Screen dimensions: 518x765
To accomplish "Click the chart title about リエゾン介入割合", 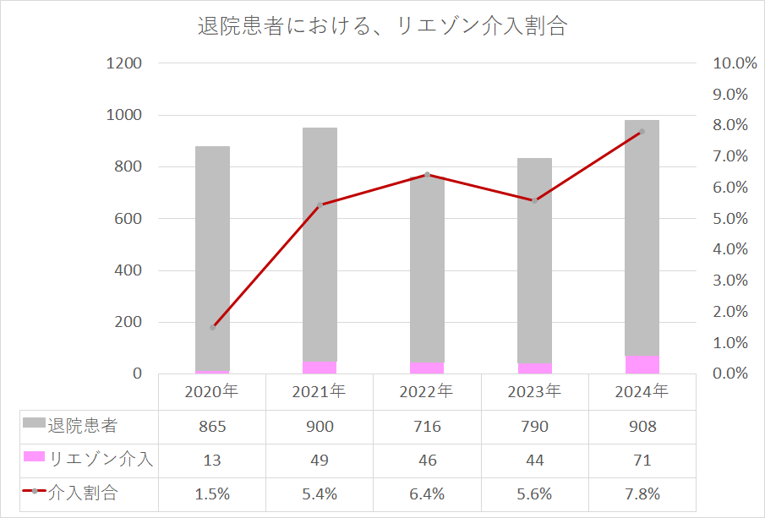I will [x=382, y=26].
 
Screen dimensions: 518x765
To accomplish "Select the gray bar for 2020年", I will [x=212, y=254].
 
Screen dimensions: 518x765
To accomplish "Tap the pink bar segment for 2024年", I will [x=642, y=365].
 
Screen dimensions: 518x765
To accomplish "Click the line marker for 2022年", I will [x=427, y=175].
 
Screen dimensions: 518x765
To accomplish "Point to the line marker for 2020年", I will [x=213, y=327].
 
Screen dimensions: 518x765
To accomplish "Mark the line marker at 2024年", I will [x=642, y=132].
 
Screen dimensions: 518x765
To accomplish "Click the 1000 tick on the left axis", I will [x=124, y=115].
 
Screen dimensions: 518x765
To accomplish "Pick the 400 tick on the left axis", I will [x=124, y=270].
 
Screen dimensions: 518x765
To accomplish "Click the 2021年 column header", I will [x=320, y=392].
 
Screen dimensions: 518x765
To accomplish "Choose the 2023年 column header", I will [x=534, y=392].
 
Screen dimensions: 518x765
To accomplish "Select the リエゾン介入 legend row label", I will [x=101, y=460].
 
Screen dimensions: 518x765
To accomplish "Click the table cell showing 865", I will [x=212, y=427].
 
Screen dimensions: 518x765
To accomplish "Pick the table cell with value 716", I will [x=427, y=427].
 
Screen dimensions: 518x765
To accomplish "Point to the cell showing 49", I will [x=320, y=461].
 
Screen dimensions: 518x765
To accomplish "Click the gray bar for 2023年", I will [x=534, y=254].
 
